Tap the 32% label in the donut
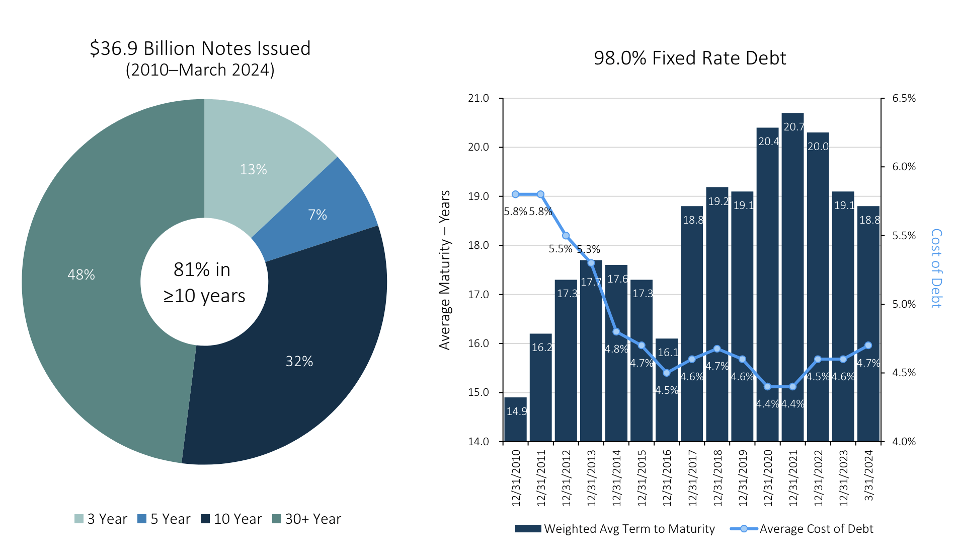(299, 361)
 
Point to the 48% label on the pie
(81, 274)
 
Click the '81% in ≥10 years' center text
(204, 283)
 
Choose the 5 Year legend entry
(164, 519)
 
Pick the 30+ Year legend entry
(306, 519)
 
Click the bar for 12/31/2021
(792, 277)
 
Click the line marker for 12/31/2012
(566, 236)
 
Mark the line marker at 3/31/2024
(868, 346)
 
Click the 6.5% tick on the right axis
(904, 98)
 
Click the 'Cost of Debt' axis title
(936, 268)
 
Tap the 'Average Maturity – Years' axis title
(445, 270)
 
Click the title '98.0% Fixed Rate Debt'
(689, 58)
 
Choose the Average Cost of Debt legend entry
(802, 529)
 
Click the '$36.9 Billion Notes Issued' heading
(200, 49)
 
